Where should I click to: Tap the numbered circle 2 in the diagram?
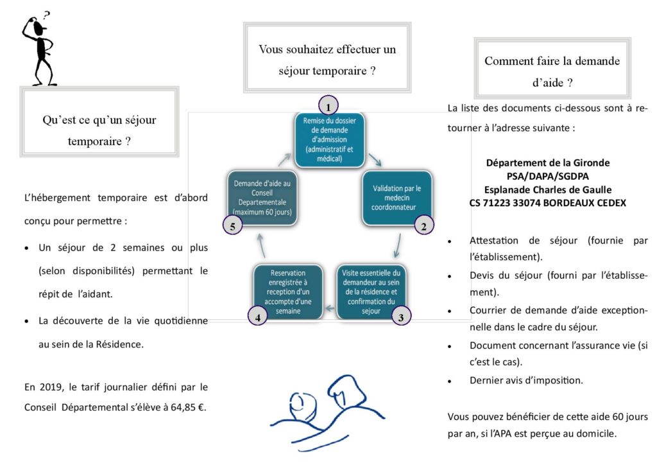point(424,225)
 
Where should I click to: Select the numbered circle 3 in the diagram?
point(401,316)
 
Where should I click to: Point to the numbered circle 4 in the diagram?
point(257,316)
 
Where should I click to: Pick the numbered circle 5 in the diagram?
point(232,225)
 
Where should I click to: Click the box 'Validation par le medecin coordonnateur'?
point(397,197)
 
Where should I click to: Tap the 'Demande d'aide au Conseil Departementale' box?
point(262,197)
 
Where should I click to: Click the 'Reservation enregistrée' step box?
point(287,290)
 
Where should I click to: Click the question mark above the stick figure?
point(47,14)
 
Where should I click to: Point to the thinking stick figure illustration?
point(40,51)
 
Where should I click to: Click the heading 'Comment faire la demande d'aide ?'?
point(552,71)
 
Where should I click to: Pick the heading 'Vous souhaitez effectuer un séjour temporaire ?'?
point(327,59)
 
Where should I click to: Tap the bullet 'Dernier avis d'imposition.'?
point(526,380)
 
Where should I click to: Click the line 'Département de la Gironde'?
point(547,162)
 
